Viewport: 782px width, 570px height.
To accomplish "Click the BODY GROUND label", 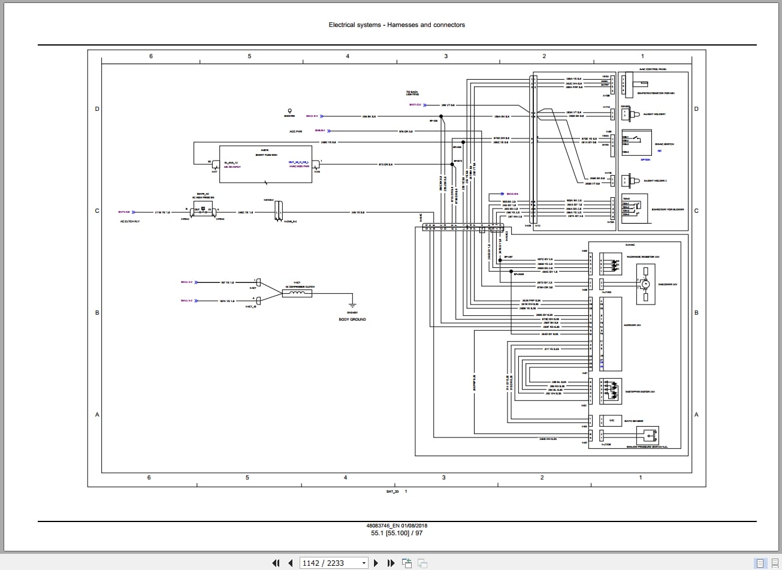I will pyautogui.click(x=352, y=319).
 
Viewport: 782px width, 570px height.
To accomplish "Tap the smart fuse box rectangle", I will pyautogui.click(x=265, y=164).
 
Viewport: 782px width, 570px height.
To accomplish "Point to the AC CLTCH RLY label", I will pyautogui.click(x=129, y=221).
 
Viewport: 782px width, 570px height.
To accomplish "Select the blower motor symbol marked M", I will pyautogui.click(x=645, y=283).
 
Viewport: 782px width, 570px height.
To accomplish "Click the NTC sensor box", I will pyautogui.click(x=612, y=420).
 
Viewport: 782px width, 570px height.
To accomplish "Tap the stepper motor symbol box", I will pyautogui.click(x=612, y=390).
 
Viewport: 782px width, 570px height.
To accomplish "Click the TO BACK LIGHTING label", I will pyautogui.click(x=412, y=93).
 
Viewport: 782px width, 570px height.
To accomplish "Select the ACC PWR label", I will pyautogui.click(x=296, y=131).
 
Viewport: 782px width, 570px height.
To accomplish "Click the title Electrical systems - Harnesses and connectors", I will pyautogui.click(x=397, y=25).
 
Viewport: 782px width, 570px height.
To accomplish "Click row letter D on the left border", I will pyautogui.click(x=97, y=108).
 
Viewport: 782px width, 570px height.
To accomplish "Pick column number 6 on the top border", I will pyautogui.click(x=151, y=56).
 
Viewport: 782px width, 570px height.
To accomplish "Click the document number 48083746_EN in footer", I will pyautogui.click(x=385, y=526).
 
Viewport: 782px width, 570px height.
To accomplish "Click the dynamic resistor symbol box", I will pyautogui.click(x=612, y=263).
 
